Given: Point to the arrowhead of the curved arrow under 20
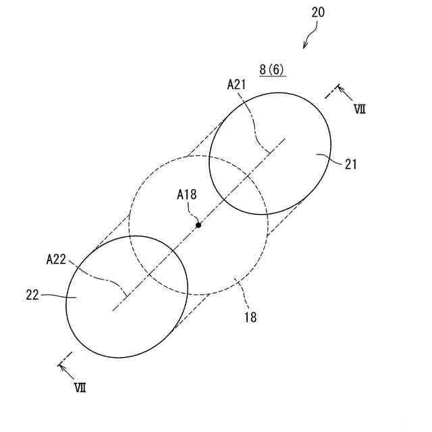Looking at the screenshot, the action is click(x=305, y=47).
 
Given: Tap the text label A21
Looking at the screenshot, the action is click(x=236, y=84).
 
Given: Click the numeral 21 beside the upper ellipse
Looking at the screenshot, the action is click(x=351, y=163).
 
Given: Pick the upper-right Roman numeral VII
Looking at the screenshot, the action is click(x=359, y=109).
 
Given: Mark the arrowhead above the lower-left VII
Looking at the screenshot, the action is click(x=62, y=366).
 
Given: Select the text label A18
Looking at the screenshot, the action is click(x=187, y=195).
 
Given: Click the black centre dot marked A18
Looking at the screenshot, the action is click(x=198, y=225).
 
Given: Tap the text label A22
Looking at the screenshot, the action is click(x=56, y=259).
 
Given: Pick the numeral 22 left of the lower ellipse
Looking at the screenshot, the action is click(x=32, y=294).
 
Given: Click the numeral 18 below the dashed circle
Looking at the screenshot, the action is click(x=250, y=315).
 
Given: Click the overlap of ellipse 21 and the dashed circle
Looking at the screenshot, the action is click(x=238, y=186).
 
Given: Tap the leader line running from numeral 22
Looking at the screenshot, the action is click(x=57, y=296).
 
